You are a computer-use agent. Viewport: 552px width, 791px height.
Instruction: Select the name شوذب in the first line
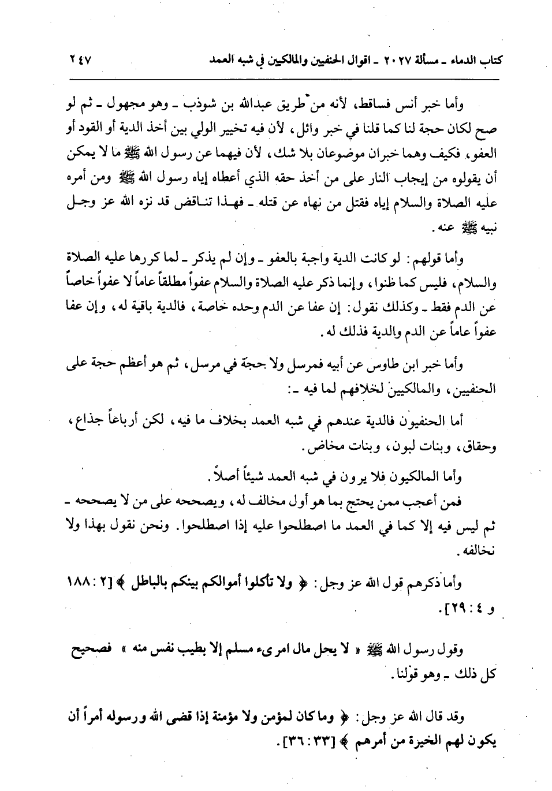point(268,105)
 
